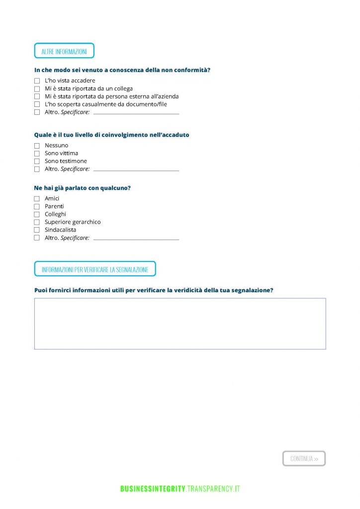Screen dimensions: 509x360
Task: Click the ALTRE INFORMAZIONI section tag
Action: pos(64,51)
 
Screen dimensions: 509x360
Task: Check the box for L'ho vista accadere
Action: pos(37,81)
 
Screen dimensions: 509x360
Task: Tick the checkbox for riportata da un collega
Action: pos(37,88)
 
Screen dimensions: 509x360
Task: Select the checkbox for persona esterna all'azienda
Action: pos(37,96)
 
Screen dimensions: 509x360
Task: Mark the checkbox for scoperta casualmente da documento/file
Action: pos(37,104)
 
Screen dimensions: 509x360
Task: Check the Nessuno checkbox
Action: pos(37,146)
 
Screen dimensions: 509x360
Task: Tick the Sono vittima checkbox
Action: pos(37,154)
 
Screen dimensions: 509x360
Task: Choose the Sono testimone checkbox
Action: pos(37,162)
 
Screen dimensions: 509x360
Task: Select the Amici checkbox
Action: pos(37,199)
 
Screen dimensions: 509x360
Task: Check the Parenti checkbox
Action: pos(37,206)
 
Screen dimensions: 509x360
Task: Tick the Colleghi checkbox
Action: pos(37,214)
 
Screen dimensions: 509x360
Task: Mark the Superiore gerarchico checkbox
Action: pos(37,222)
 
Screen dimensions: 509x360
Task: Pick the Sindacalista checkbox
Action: pos(37,230)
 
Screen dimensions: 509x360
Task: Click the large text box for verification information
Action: pos(180,324)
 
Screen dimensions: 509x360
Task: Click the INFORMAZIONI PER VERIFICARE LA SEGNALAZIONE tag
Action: pos(95,269)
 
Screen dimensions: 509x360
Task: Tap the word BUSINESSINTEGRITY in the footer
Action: pos(153,489)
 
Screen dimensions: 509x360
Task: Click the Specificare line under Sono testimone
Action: pos(136,170)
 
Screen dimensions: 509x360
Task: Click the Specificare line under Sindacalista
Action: pos(136,239)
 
